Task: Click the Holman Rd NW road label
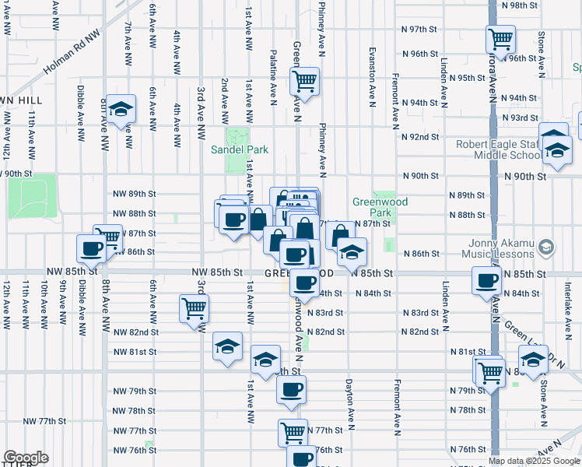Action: tap(72, 54)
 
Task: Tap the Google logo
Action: tap(26, 458)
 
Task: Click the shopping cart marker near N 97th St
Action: tap(500, 38)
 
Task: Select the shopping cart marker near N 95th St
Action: tap(304, 80)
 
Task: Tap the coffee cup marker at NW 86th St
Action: tap(91, 249)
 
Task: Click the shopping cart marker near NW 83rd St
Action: tap(193, 307)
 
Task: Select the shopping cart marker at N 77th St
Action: tap(293, 431)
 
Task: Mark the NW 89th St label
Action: tap(135, 194)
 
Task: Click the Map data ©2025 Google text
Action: tap(533, 461)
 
